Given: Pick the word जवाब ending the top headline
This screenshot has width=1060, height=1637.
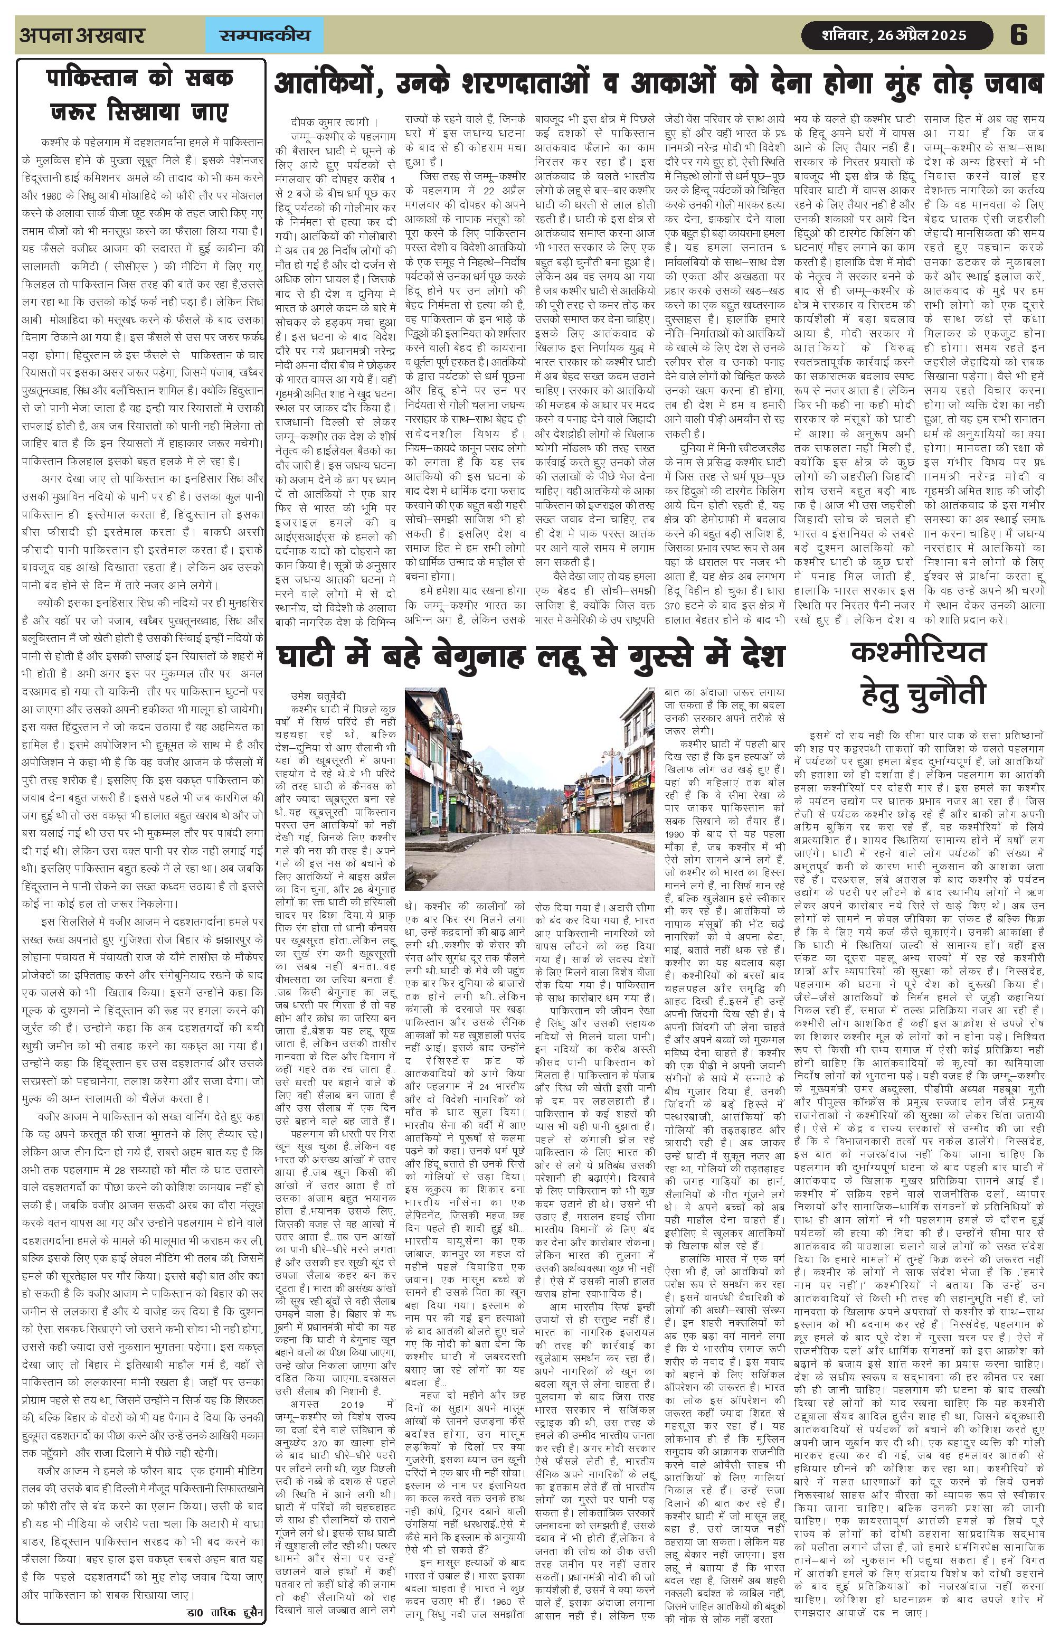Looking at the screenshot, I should coord(1007,84).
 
